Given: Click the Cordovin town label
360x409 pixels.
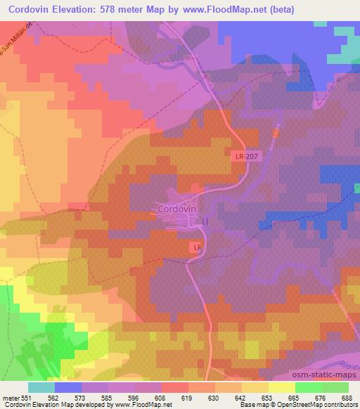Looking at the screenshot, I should coord(177,209).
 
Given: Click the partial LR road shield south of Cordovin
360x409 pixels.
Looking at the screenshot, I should coord(197,248).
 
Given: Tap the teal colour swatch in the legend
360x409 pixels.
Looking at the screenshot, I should coord(41,387).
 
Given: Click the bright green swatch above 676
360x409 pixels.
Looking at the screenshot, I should coord(308,387).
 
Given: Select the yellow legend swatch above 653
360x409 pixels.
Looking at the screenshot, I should coord(255,387).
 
